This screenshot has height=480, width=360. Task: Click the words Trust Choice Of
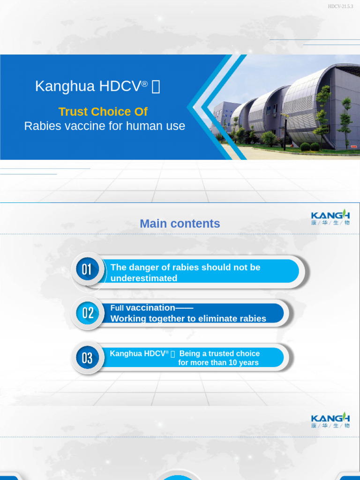point(103,112)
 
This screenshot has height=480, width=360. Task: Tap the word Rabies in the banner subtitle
point(40,126)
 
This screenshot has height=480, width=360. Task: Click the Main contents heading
point(180,224)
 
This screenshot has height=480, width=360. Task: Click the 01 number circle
point(87,270)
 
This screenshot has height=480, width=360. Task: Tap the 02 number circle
point(88,313)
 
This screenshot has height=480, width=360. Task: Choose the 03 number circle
point(87,358)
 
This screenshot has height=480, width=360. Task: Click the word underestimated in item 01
point(144,278)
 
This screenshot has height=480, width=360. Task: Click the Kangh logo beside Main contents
point(330,217)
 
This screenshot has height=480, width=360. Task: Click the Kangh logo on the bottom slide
point(330,420)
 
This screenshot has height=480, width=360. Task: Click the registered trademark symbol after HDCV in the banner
point(145,83)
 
